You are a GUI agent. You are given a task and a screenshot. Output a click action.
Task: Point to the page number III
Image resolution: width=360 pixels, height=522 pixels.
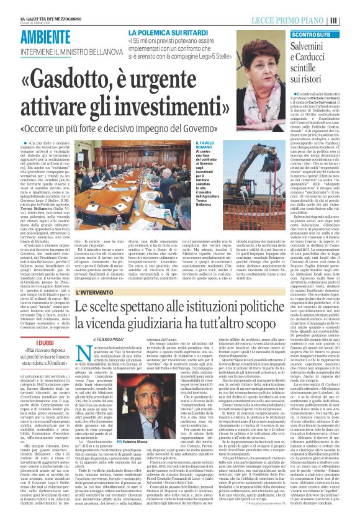click(x=351, y=6)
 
